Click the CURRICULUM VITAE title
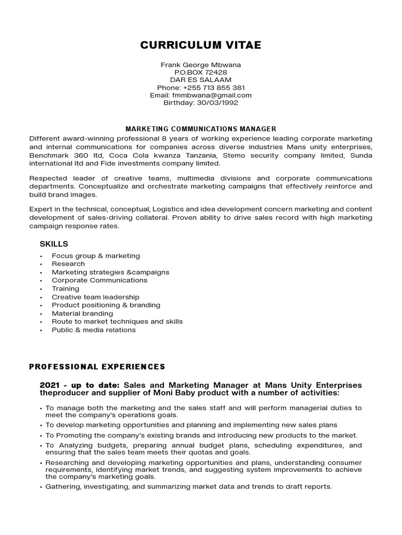200,45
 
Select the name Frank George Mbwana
200,65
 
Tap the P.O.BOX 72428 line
200,72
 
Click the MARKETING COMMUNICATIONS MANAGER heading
200,129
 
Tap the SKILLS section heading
54,244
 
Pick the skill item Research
68,264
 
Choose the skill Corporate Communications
99,280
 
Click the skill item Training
65,288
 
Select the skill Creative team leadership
95,297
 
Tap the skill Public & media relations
94,330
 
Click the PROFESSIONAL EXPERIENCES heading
97,367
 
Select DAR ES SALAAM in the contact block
200,80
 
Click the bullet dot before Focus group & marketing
41,256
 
